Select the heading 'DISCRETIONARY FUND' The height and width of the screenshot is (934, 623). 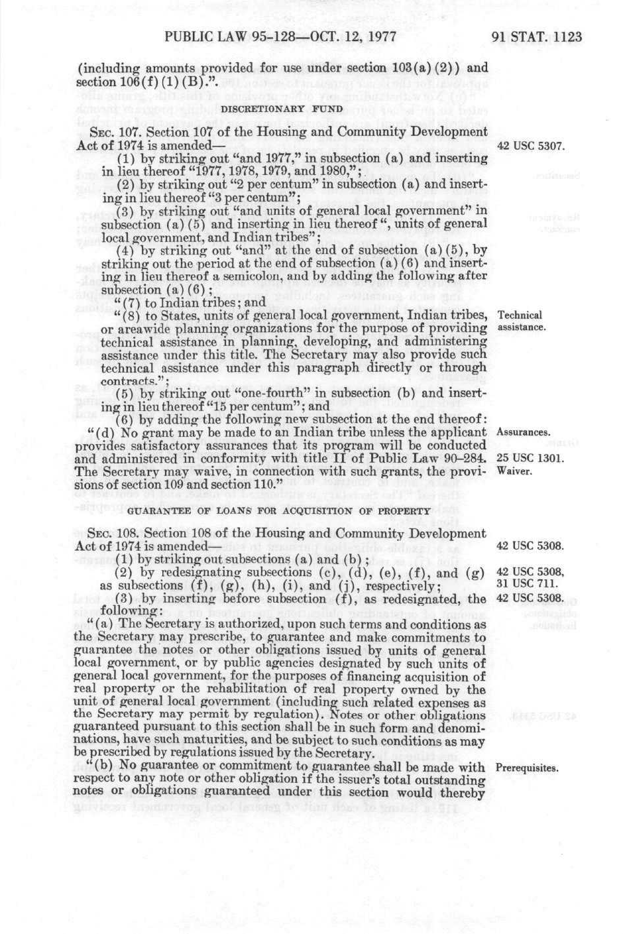(x=282, y=109)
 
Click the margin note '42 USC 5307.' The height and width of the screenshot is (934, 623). (x=531, y=146)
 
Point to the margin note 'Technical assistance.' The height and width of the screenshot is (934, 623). (x=520, y=321)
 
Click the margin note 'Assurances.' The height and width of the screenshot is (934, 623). (x=523, y=433)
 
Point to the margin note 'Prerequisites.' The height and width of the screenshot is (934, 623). (x=527, y=768)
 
